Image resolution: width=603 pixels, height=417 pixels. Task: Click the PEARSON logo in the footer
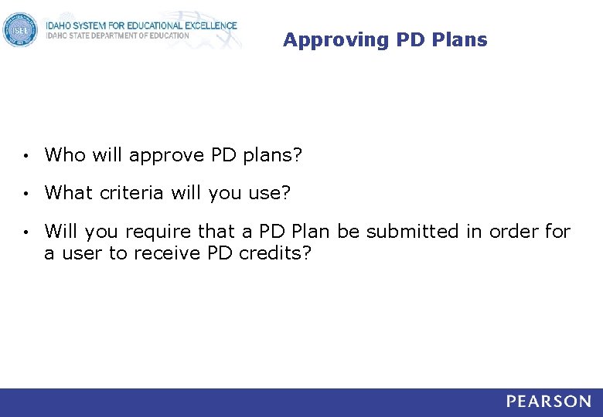click(x=549, y=402)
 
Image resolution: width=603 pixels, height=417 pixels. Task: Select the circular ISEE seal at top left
click(x=19, y=30)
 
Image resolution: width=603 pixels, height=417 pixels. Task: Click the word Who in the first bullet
click(x=65, y=155)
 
